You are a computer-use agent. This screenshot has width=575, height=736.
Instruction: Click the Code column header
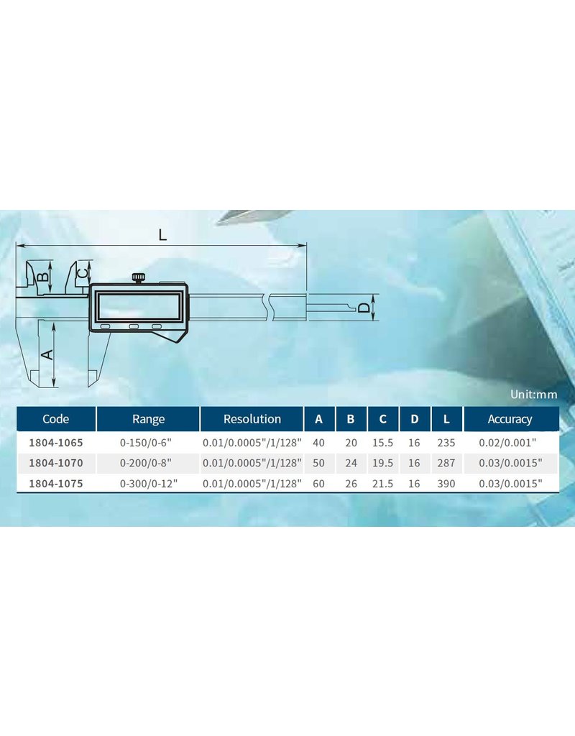(56, 419)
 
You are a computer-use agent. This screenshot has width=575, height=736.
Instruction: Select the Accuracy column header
(510, 419)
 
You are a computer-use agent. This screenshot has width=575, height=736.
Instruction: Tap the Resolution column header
(252, 419)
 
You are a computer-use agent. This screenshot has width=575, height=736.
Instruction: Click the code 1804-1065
(56, 443)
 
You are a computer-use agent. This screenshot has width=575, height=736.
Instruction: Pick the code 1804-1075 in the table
(56, 484)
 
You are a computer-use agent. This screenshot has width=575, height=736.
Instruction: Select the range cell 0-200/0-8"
(145, 463)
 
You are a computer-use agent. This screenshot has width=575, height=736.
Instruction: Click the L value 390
(446, 484)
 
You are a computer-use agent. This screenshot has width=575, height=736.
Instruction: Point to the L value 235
(446, 443)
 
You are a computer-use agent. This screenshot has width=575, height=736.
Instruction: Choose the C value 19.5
(382, 463)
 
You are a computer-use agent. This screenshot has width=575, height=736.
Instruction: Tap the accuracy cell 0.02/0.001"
(507, 443)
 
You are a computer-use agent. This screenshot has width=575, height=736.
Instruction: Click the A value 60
(318, 484)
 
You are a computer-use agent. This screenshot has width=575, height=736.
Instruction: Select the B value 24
(351, 463)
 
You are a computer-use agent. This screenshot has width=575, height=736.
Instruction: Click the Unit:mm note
(534, 395)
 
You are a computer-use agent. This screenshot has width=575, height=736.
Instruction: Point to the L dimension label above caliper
(162, 235)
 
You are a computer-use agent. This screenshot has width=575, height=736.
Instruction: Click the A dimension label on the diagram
(47, 354)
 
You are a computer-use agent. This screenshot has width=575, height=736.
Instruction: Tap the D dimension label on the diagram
(364, 308)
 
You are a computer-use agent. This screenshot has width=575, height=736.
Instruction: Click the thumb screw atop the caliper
(138, 278)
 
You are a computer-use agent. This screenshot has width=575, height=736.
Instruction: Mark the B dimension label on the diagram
(42, 277)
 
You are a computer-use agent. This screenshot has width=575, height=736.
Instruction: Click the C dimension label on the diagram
(82, 272)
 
